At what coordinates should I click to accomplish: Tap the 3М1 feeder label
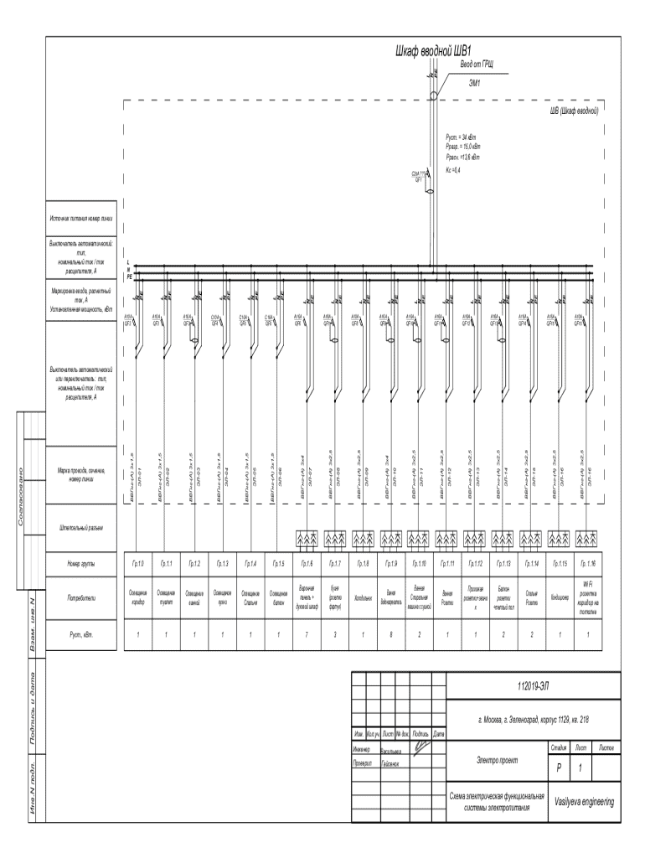pos(474,82)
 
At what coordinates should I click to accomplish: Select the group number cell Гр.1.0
pos(138,564)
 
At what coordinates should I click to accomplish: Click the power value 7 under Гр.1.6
pos(306,634)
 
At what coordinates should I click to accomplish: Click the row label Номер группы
pos(82,564)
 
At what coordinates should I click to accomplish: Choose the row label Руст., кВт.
pos(82,634)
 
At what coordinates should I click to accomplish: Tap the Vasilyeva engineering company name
pos(584,802)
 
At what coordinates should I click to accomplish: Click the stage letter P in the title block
pos(559,768)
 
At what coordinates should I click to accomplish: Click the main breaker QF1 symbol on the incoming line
pos(430,190)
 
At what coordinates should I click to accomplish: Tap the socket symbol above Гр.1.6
pos(306,536)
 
